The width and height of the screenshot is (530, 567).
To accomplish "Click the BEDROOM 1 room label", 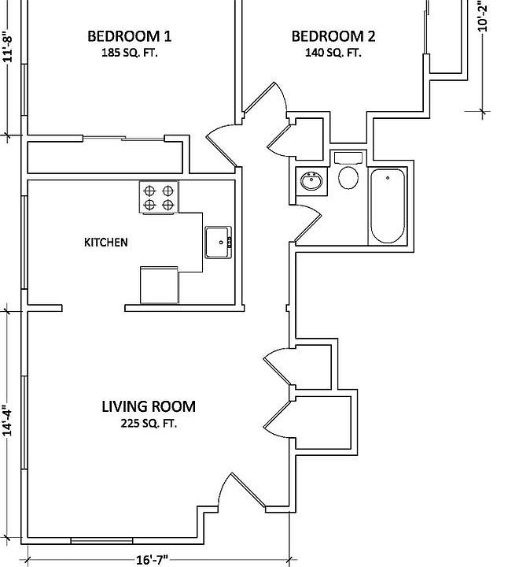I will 129,36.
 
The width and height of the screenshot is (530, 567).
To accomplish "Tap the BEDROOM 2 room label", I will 333,36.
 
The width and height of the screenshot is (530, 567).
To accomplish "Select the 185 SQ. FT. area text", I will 129,54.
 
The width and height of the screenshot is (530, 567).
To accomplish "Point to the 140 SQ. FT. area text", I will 333,54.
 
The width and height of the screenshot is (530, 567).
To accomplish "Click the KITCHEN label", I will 105,243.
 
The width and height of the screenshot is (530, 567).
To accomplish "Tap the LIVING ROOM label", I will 149,407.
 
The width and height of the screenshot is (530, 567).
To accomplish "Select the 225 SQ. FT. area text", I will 149,424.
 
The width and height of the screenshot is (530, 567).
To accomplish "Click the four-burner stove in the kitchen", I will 159,197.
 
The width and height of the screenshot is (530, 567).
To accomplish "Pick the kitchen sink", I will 217,242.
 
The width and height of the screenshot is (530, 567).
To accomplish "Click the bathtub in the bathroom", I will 387,206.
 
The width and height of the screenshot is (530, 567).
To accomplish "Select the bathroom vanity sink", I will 311,181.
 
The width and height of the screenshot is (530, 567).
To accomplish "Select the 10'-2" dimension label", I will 483,16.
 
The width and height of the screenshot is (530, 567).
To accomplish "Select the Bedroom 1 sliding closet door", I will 123,139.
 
